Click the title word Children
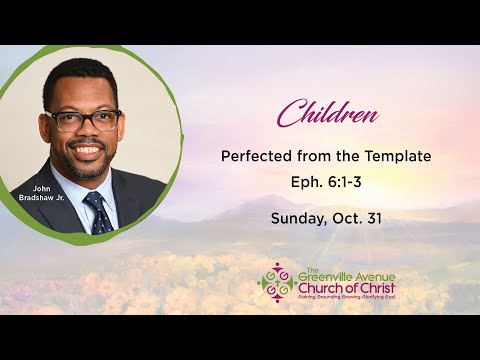[x=327, y=114]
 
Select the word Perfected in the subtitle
[x=258, y=157]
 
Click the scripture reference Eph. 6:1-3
[x=327, y=182]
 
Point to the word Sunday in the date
[x=296, y=215]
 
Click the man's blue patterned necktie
[x=98, y=212]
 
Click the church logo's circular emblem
[x=276, y=281]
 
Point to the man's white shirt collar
[x=80, y=190]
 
